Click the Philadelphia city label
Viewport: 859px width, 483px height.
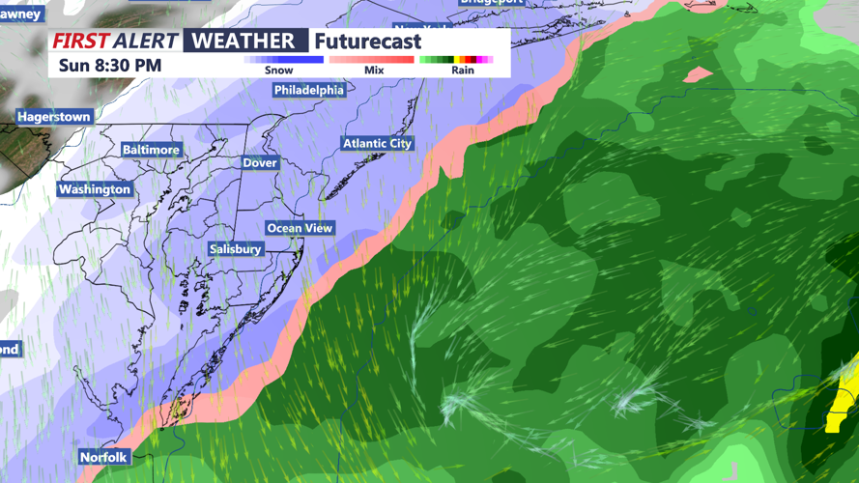[309, 90]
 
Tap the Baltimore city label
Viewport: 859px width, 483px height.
[151, 150]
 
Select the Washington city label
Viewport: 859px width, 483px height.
[95, 189]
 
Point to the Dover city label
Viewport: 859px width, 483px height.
[260, 163]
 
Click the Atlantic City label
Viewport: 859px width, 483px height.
[377, 143]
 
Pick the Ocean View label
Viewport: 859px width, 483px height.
[300, 228]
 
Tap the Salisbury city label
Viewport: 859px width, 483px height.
[236, 249]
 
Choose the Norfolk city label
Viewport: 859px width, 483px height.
[103, 456]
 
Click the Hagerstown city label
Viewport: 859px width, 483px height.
[54, 117]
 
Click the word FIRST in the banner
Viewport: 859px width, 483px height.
[80, 41]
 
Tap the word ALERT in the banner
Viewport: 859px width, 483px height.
[145, 41]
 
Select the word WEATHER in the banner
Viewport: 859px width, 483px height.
[244, 41]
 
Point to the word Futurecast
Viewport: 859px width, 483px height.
[368, 42]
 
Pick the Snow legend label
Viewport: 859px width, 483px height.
[278, 71]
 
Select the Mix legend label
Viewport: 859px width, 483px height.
[374, 71]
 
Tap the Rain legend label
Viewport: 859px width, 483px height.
[463, 71]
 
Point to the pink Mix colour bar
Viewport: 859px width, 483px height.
[371, 59]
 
